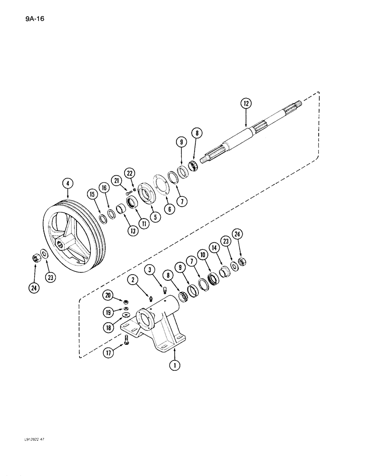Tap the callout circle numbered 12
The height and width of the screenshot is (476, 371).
point(246,103)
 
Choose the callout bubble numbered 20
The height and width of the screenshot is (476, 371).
point(108,295)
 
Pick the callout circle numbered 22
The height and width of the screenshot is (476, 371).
point(129,172)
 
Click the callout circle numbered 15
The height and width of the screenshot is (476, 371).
point(91,195)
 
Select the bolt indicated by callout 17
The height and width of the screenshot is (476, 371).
point(126,340)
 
